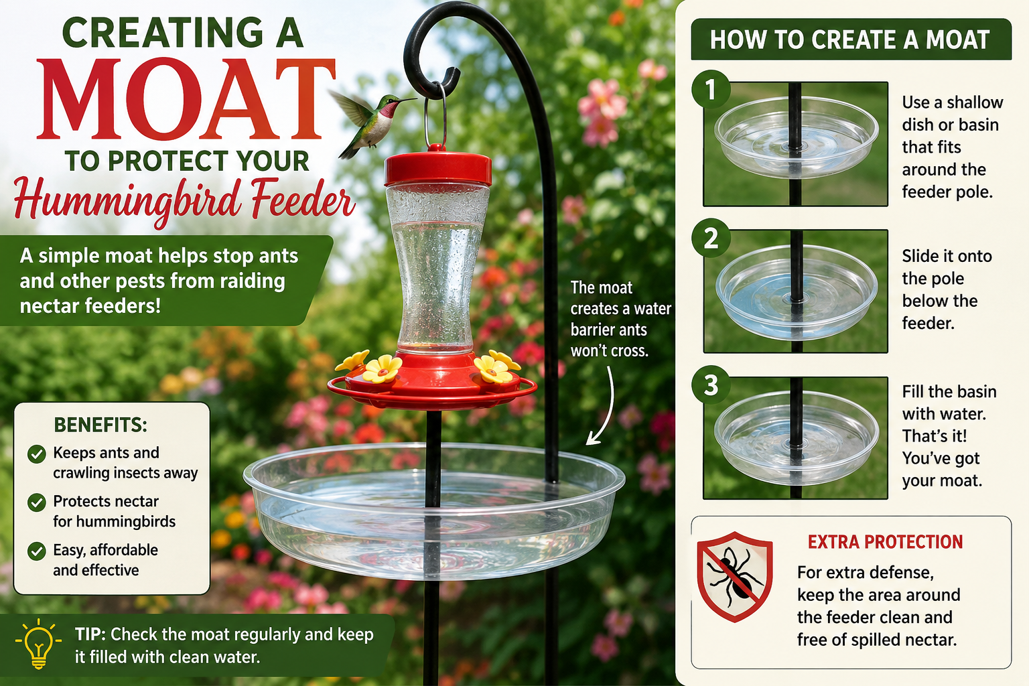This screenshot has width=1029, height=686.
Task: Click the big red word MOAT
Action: (186, 100)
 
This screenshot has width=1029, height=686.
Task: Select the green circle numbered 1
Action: (711, 90)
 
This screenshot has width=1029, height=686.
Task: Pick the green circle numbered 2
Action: (711, 238)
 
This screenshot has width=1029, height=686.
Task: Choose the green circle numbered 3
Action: (711, 385)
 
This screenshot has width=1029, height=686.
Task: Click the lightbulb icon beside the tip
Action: (39, 644)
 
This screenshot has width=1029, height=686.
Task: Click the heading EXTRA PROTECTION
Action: (885, 542)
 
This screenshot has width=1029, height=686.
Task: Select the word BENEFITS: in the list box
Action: (100, 425)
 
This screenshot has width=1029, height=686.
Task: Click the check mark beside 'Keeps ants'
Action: (37, 454)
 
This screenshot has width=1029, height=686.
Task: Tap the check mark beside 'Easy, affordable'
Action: (37, 551)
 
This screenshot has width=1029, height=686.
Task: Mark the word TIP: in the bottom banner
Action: (90, 634)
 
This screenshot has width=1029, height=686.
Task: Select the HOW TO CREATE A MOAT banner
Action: (851, 40)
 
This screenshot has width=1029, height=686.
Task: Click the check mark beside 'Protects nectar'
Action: (37, 502)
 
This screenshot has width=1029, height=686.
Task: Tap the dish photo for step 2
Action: (796, 291)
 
